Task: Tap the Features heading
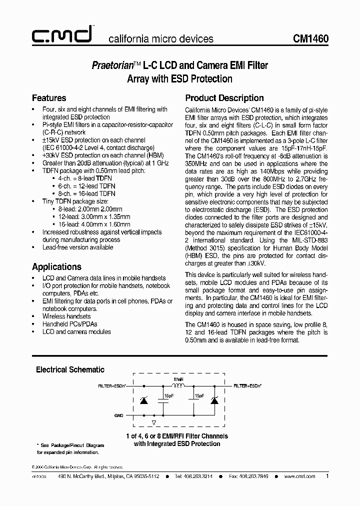coord(49,98)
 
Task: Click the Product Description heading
coord(224,98)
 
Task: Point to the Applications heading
coord(56,266)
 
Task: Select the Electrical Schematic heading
coord(70,369)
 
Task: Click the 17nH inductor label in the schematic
coord(178,380)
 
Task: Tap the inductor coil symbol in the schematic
coord(178,386)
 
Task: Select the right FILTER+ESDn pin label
coord(247,386)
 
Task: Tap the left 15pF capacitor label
coord(168,395)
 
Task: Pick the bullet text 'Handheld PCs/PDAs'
coord(69,324)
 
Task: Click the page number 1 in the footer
coord(327,476)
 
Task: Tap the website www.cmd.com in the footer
coord(299,476)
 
